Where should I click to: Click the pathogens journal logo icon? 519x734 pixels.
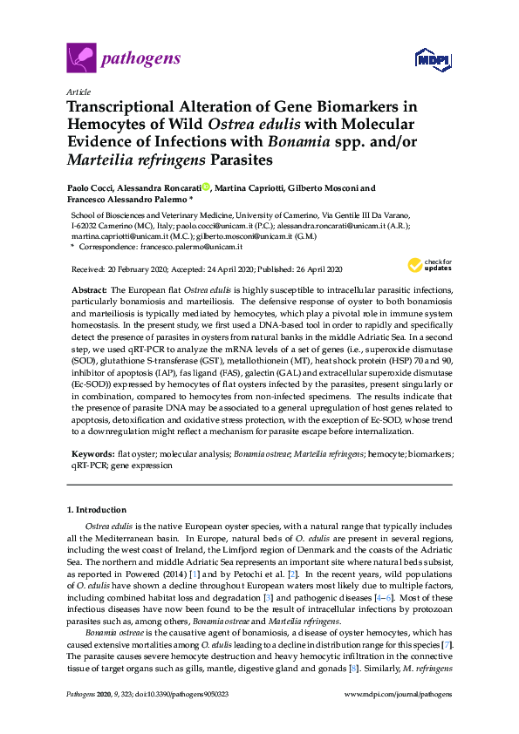(x=81, y=59)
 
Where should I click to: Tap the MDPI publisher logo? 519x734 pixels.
(x=433, y=60)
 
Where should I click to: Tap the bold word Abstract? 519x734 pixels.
(x=88, y=289)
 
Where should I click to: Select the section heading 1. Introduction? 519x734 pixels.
(x=96, y=509)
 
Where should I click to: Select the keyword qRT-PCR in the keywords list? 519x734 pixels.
(x=87, y=466)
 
